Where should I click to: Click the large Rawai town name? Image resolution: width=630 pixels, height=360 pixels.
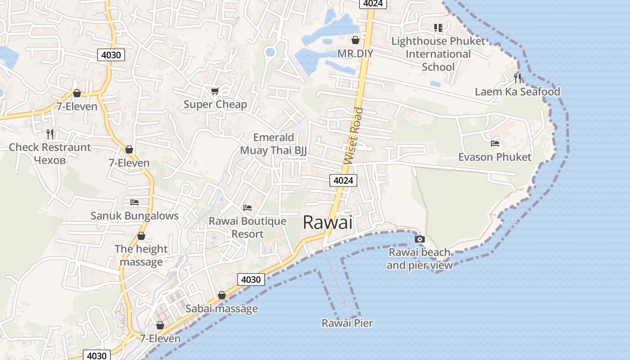click(327, 222)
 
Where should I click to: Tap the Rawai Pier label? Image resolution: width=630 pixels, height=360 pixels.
click(347, 323)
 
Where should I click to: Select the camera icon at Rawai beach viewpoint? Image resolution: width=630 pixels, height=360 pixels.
click(419, 239)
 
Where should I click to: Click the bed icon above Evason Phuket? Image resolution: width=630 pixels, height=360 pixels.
click(495, 144)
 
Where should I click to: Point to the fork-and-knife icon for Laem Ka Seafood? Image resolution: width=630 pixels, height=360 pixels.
click(517, 78)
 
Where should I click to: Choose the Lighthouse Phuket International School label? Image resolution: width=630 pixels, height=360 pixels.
click(438, 54)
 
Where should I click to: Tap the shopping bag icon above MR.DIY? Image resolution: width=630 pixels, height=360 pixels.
click(355, 40)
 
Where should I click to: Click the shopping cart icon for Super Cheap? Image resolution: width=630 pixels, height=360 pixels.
click(215, 91)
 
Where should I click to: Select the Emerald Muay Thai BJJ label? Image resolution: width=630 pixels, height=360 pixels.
click(273, 144)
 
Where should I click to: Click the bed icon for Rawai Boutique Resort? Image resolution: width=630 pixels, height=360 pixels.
click(247, 208)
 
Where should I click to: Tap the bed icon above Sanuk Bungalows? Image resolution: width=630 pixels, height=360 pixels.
click(134, 202)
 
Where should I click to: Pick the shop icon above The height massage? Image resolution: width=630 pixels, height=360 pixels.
click(141, 236)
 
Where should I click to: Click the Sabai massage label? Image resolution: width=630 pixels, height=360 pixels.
click(221, 309)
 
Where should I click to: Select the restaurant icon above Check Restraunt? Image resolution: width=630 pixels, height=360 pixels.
click(50, 134)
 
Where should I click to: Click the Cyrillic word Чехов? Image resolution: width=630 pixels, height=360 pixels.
click(50, 160)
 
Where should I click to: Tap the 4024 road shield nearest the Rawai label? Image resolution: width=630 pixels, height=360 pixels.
click(344, 180)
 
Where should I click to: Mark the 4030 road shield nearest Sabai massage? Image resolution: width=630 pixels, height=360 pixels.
click(251, 279)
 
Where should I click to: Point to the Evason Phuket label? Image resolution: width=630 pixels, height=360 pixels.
click(495, 157)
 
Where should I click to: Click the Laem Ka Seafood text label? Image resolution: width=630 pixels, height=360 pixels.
click(517, 92)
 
